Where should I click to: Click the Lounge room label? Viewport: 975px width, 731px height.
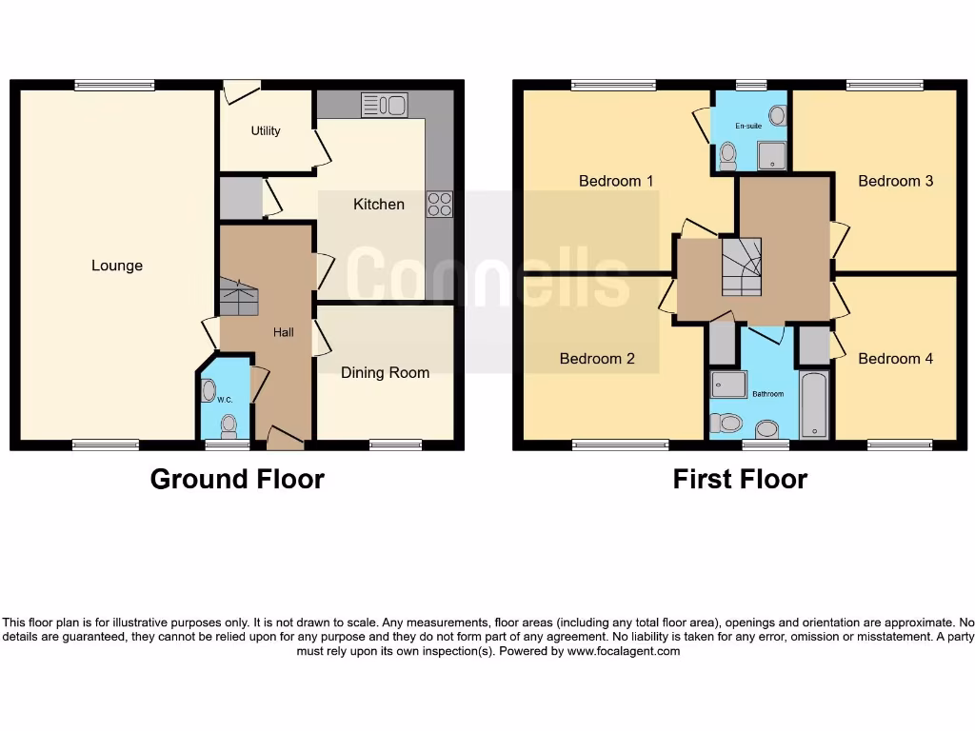point(117,266)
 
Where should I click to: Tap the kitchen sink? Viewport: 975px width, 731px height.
point(384,104)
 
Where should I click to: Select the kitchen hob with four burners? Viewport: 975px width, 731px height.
point(439,205)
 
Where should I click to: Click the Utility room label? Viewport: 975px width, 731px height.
point(266,130)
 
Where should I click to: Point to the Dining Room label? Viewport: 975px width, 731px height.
point(385,372)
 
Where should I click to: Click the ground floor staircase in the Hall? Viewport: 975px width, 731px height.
point(239,298)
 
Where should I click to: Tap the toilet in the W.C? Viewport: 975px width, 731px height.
point(228,424)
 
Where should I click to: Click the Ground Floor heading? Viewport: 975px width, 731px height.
point(237,479)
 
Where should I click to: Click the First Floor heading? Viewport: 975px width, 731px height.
point(740,479)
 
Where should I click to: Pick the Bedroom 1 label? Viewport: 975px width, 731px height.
point(616,180)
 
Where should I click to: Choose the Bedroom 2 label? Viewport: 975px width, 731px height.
point(597,359)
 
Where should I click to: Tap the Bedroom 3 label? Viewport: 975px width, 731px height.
point(895,180)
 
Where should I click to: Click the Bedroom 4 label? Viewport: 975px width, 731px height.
point(895,359)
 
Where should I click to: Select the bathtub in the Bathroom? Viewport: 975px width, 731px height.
point(815,406)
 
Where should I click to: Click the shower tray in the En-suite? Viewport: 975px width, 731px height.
point(772,156)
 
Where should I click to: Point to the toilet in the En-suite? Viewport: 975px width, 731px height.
point(727,155)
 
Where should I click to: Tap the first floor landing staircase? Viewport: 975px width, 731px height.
point(742,266)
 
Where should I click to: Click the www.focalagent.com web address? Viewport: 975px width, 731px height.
point(624,652)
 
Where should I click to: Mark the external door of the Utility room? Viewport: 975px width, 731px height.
point(241,92)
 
